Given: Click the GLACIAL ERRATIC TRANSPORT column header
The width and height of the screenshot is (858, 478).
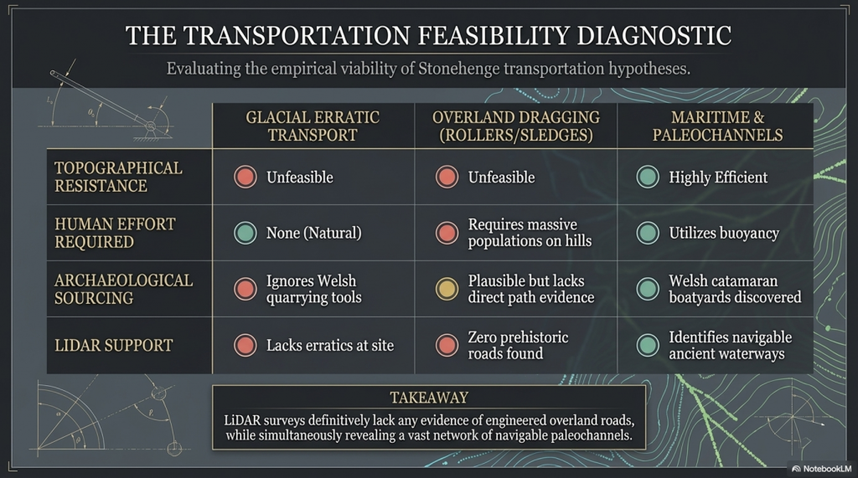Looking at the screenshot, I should click(x=313, y=126).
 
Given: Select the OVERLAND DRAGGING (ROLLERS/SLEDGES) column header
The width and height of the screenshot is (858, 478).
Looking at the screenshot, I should click(x=517, y=126).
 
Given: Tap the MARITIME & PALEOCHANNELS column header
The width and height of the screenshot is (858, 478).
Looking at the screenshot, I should click(x=716, y=126).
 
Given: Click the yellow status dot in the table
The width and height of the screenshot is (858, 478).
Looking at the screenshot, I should click(x=447, y=289).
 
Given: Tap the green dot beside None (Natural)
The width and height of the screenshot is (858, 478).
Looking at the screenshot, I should click(x=246, y=233).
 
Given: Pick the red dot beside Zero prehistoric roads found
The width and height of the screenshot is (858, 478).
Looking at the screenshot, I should click(x=447, y=345).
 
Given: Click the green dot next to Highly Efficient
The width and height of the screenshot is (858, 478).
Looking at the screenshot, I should click(x=647, y=177).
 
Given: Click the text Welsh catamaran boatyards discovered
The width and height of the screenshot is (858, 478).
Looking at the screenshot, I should click(x=735, y=289).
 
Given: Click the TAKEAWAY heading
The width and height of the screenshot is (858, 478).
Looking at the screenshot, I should click(x=429, y=398).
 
